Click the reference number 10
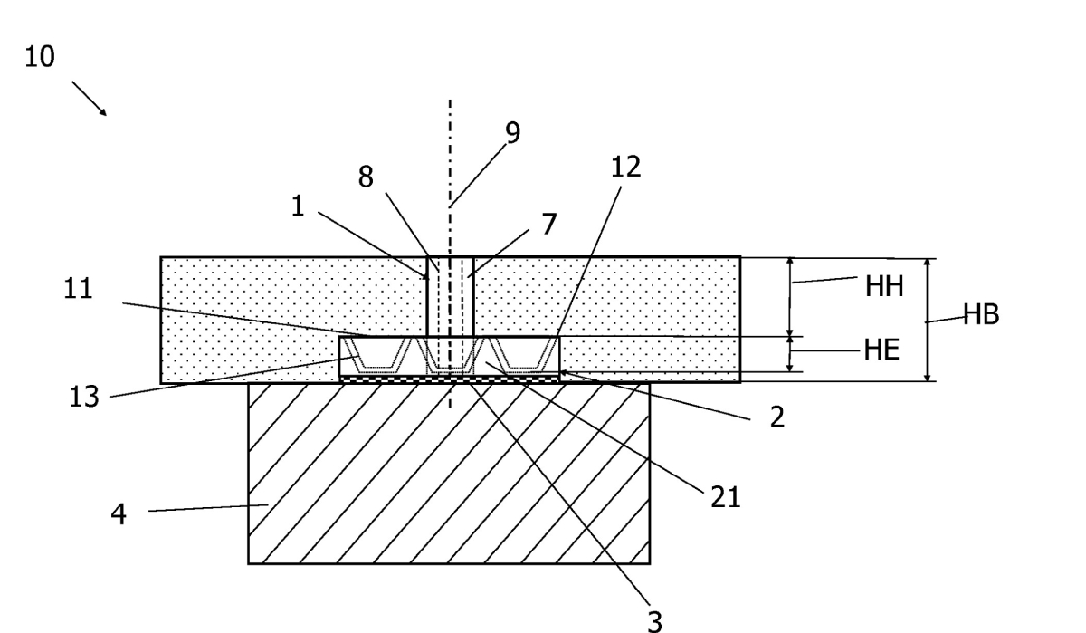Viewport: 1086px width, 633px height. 40,58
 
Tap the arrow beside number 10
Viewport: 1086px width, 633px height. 89,98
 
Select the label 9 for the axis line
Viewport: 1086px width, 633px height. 512,132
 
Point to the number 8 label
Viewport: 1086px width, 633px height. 366,177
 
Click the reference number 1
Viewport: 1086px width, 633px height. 298,206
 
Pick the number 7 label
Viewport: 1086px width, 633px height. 548,224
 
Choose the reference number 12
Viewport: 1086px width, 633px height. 626,167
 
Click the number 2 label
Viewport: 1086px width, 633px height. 776,418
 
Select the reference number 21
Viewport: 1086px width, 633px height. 726,497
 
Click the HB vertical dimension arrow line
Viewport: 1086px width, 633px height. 928,319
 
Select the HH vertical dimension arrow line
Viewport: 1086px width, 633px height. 791,296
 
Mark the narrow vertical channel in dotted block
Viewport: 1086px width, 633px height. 450,295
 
